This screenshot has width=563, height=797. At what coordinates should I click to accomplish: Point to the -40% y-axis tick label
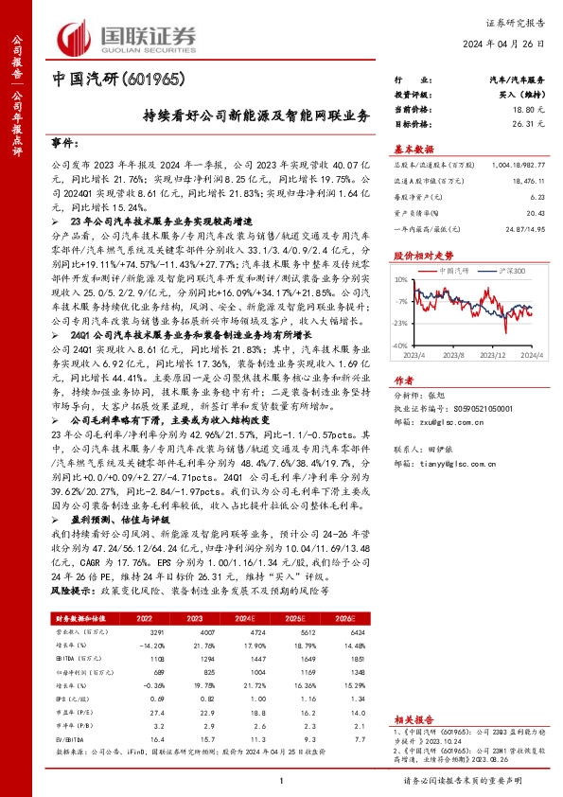pyautogui.click(x=400, y=345)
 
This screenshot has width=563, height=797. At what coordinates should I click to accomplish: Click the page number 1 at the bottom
pyautogui.click(x=281, y=781)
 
